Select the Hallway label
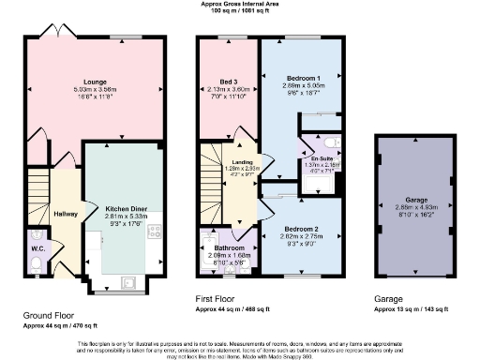65,214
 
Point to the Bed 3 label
228,82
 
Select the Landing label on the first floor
242,160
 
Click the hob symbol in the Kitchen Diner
153,232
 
